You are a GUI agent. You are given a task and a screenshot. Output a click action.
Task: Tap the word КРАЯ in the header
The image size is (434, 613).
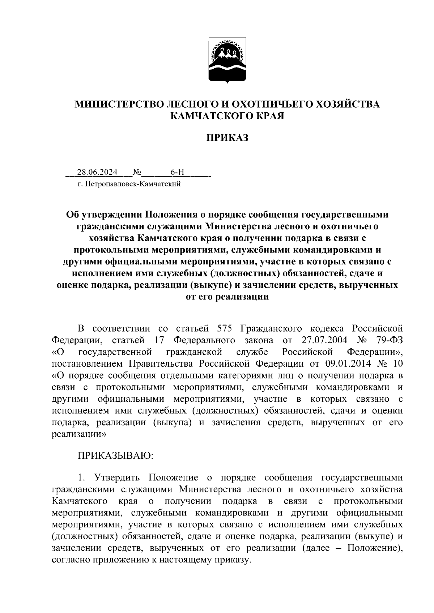click(x=269, y=116)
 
